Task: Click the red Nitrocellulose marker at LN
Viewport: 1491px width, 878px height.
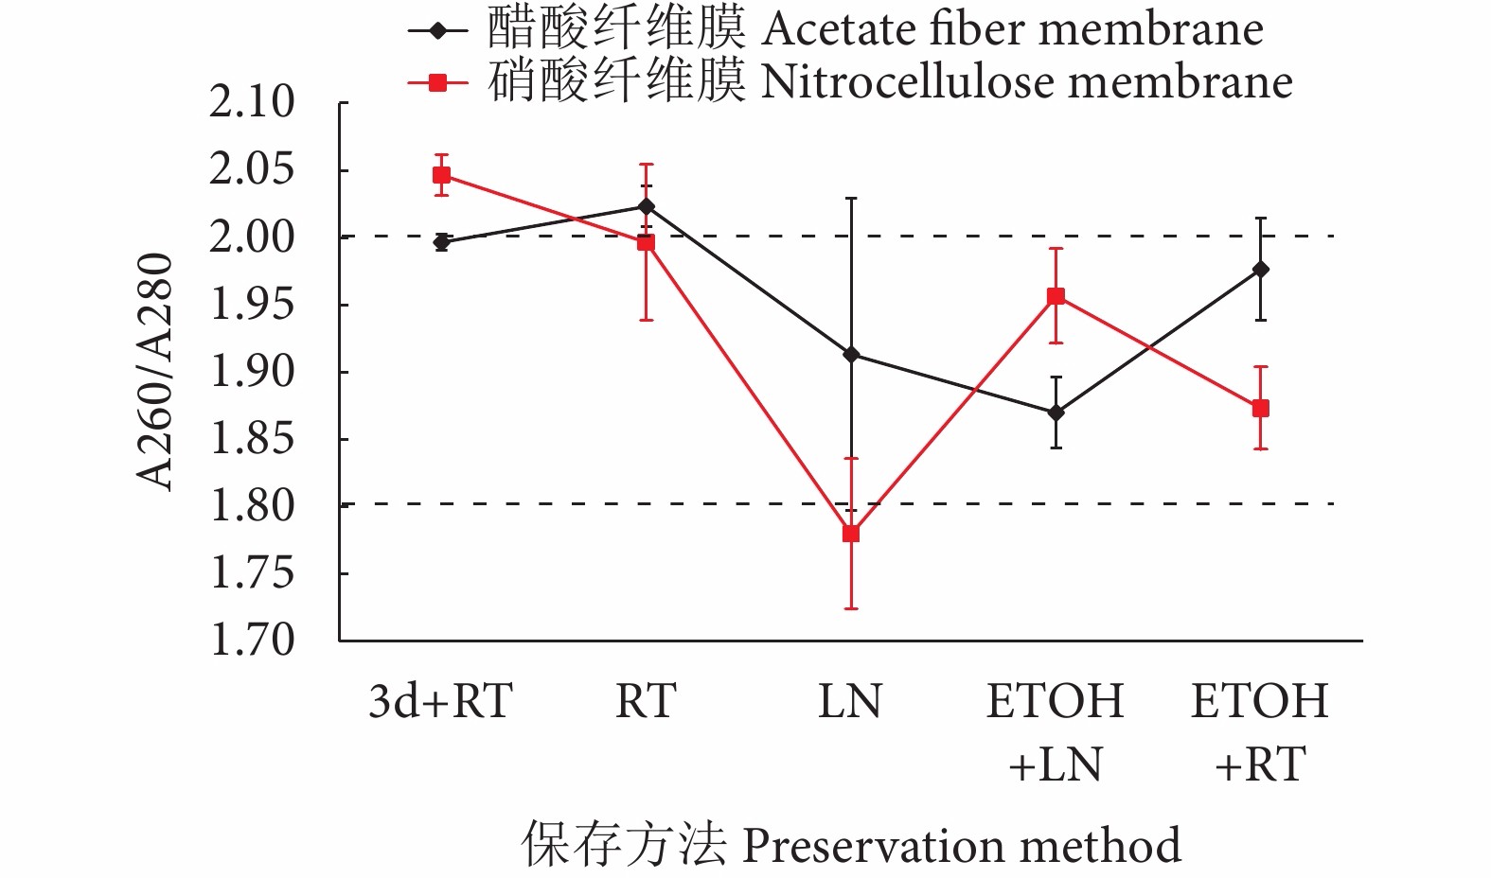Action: (x=851, y=534)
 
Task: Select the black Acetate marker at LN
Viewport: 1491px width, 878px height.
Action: (x=851, y=355)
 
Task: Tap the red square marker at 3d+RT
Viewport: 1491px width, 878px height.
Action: (x=441, y=175)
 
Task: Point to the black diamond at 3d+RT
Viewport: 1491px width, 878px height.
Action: (x=441, y=242)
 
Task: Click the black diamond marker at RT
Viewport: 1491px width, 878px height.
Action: (x=646, y=206)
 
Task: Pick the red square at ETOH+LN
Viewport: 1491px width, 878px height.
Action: (x=1056, y=297)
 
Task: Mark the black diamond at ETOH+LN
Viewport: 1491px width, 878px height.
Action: (x=1056, y=413)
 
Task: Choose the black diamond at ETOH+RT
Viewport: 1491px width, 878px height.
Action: (x=1260, y=270)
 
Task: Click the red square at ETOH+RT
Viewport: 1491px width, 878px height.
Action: (x=1260, y=409)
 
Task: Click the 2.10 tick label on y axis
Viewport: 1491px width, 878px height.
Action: (x=252, y=102)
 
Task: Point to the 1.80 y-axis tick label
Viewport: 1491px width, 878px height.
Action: (x=252, y=506)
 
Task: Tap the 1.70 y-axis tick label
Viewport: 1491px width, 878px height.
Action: (x=252, y=641)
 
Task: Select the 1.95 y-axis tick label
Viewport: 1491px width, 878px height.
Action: (x=252, y=305)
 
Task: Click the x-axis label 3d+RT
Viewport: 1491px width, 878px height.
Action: (x=441, y=701)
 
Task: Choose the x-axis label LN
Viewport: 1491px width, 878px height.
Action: (x=850, y=701)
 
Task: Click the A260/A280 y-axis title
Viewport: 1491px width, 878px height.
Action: (x=154, y=371)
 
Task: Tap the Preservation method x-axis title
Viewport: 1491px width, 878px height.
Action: (x=961, y=845)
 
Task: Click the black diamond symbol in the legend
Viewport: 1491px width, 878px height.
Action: (x=437, y=30)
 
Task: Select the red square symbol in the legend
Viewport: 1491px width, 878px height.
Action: (x=437, y=83)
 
